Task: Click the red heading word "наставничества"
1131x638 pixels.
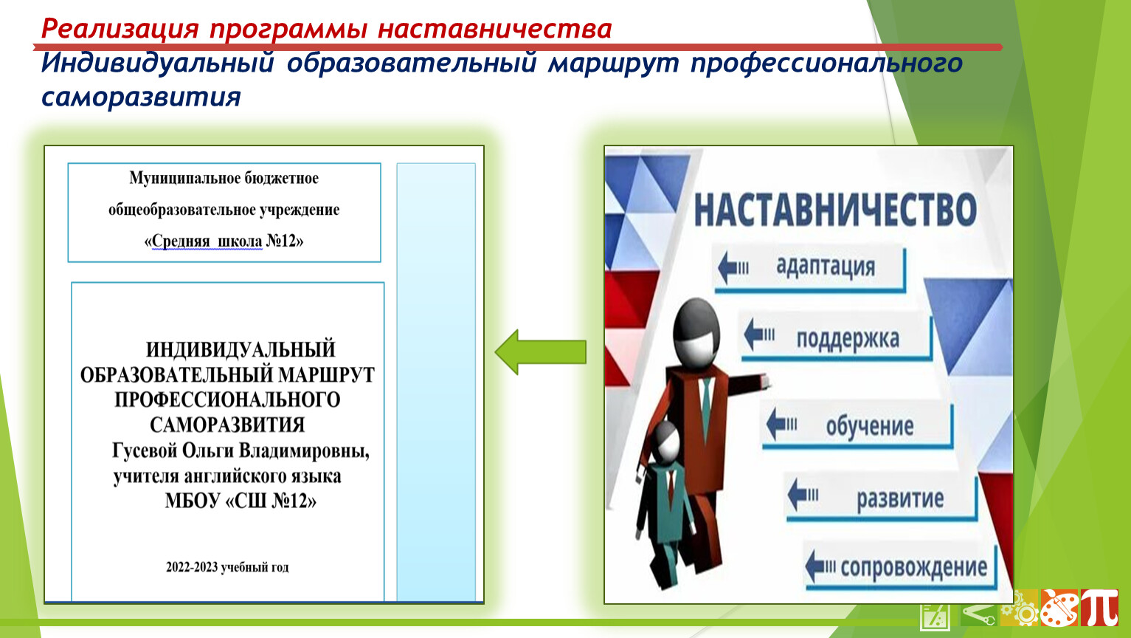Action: pyautogui.click(x=495, y=28)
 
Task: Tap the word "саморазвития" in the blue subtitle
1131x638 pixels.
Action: pyautogui.click(x=141, y=96)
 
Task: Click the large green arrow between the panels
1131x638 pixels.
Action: pyautogui.click(x=540, y=352)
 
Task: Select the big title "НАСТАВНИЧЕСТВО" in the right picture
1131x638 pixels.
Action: pyautogui.click(x=836, y=209)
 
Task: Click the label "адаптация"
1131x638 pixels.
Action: pyautogui.click(x=826, y=265)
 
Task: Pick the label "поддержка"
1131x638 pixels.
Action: pyautogui.click(x=848, y=337)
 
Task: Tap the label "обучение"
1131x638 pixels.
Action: pyautogui.click(x=869, y=425)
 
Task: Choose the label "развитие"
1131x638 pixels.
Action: pyautogui.click(x=900, y=498)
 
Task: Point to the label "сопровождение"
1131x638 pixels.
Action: pyautogui.click(x=914, y=566)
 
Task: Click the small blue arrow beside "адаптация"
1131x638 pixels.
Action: pyautogui.click(x=733, y=267)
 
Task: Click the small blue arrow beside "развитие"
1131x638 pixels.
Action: pyautogui.click(x=802, y=494)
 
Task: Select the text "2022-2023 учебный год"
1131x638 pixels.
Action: pyautogui.click(x=227, y=567)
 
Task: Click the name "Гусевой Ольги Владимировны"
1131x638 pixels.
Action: pyautogui.click(x=241, y=450)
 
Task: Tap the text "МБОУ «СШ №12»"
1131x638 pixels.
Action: pyautogui.click(x=241, y=501)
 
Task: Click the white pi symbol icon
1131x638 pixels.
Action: pyautogui.click(x=1099, y=608)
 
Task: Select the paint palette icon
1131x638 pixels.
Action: pyautogui.click(x=1059, y=608)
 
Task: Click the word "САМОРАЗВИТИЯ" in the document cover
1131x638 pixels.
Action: pyautogui.click(x=227, y=425)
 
